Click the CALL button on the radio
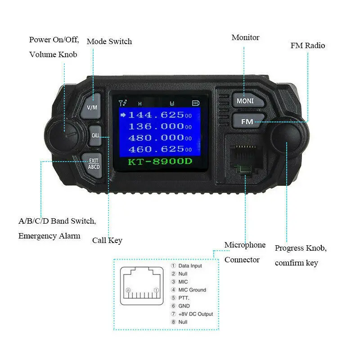(x=96, y=135)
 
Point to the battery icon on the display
(x=195, y=103)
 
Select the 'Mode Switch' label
(x=109, y=41)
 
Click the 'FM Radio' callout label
(x=308, y=45)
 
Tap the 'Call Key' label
(x=107, y=240)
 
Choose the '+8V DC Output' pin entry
(x=195, y=314)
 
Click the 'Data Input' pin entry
(x=190, y=266)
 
